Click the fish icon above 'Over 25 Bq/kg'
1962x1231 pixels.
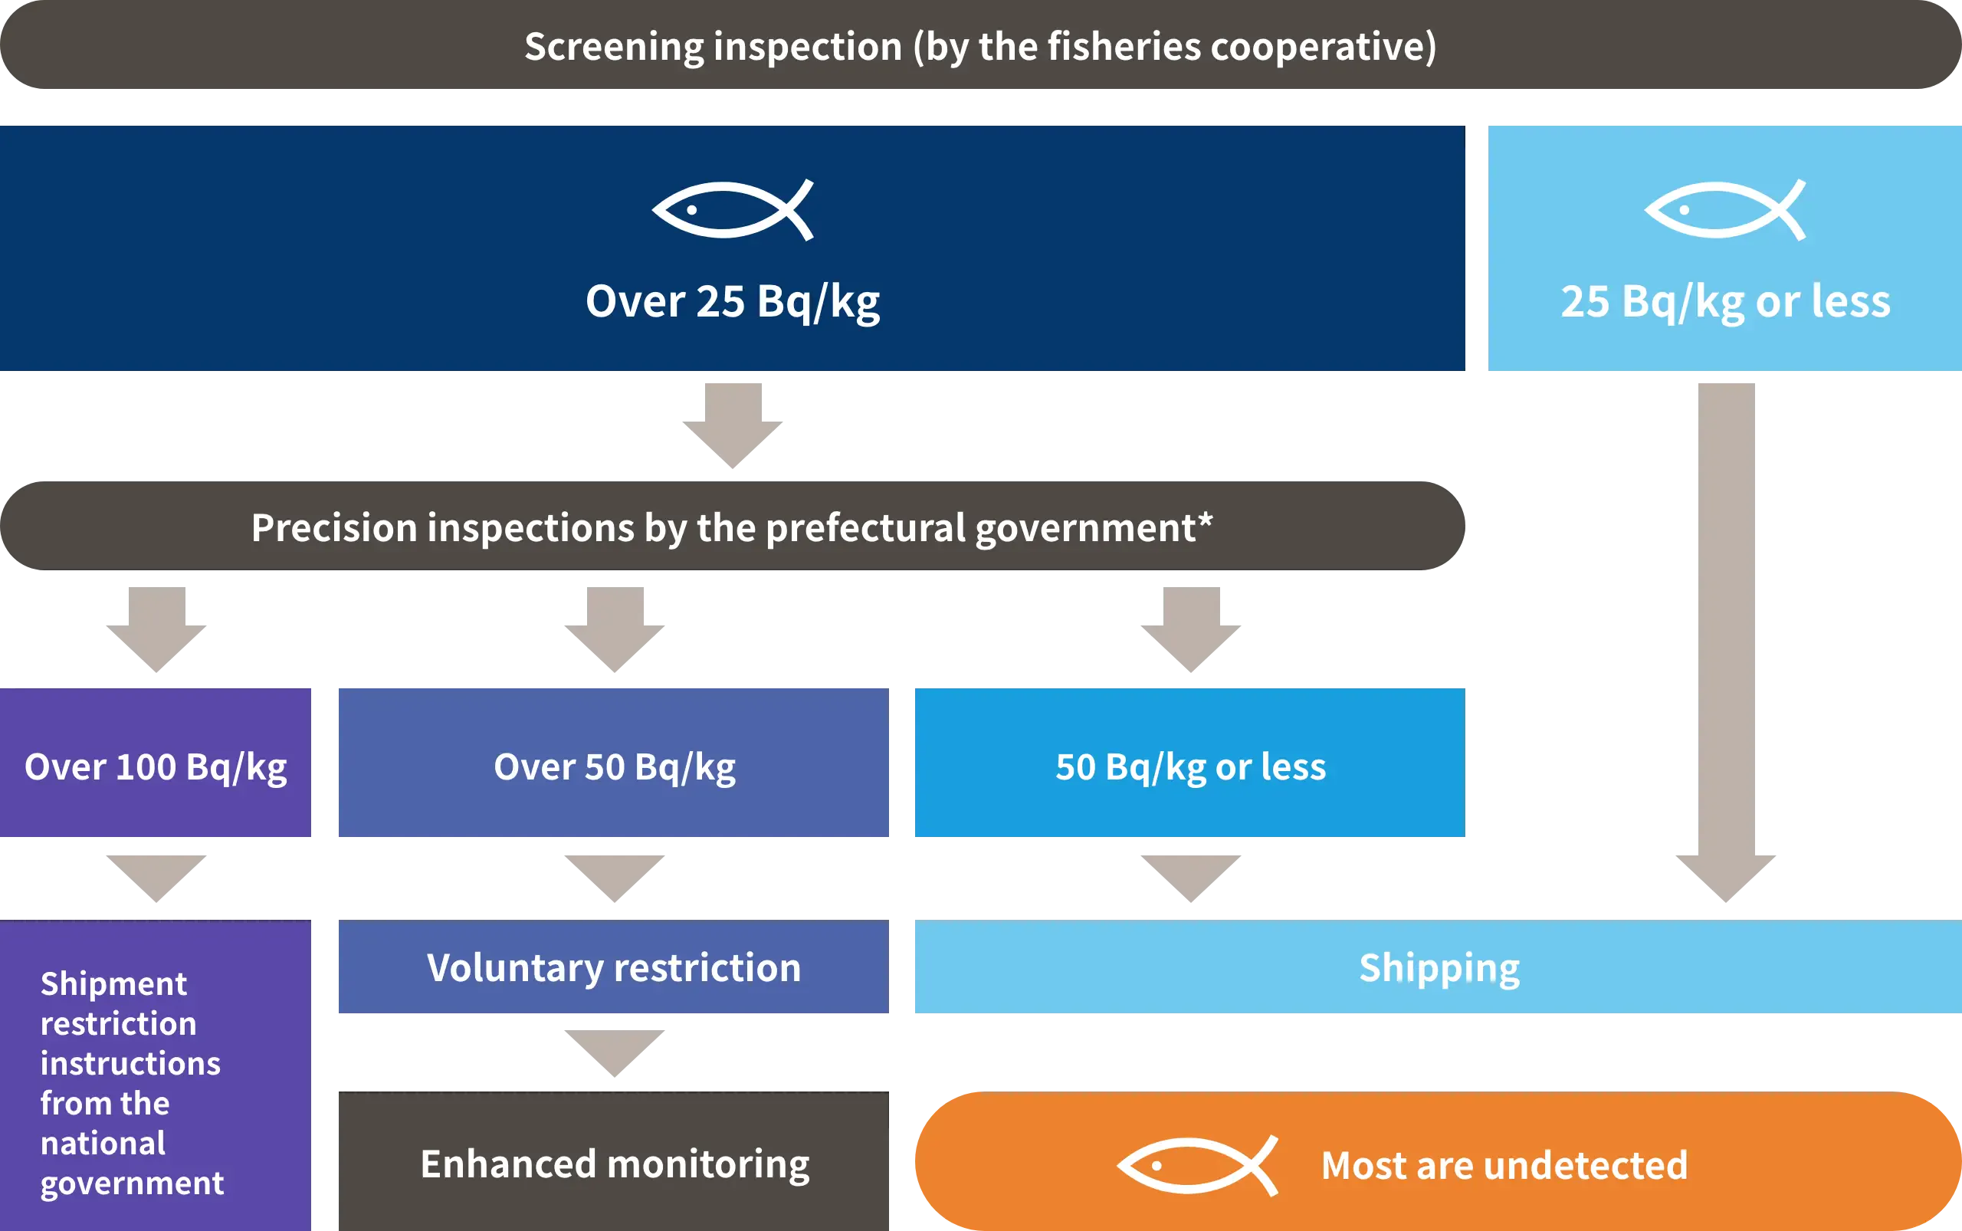732,210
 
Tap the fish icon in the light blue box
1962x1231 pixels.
1724,210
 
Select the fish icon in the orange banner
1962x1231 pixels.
1196,1166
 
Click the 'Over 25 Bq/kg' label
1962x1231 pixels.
732,301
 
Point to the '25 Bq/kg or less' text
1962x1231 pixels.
1724,301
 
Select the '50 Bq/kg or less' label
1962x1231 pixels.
1189,767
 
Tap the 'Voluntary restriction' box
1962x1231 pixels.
613,968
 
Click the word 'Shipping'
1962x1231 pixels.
1439,968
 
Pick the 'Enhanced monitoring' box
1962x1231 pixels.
613,1163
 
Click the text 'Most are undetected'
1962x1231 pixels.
1504,1165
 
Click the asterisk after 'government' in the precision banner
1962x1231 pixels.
1205,520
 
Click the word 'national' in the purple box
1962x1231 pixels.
103,1143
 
